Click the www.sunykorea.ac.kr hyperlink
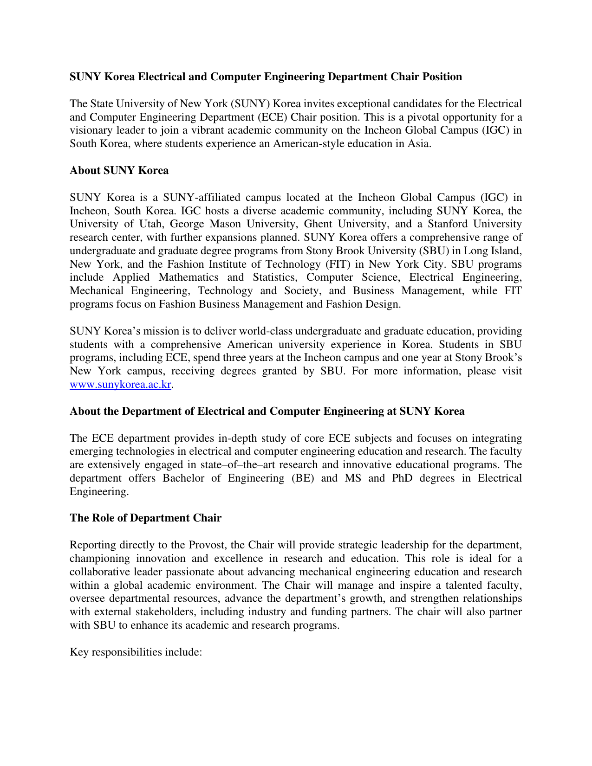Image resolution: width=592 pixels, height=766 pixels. (x=120, y=385)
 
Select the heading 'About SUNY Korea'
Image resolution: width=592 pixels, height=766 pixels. (x=119, y=171)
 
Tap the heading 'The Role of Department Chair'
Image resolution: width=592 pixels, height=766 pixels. (x=145, y=518)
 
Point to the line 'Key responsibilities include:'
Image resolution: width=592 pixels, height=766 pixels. (x=136, y=652)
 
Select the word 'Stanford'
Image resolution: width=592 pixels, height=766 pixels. (x=448, y=224)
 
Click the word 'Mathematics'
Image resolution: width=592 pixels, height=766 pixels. (x=189, y=277)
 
